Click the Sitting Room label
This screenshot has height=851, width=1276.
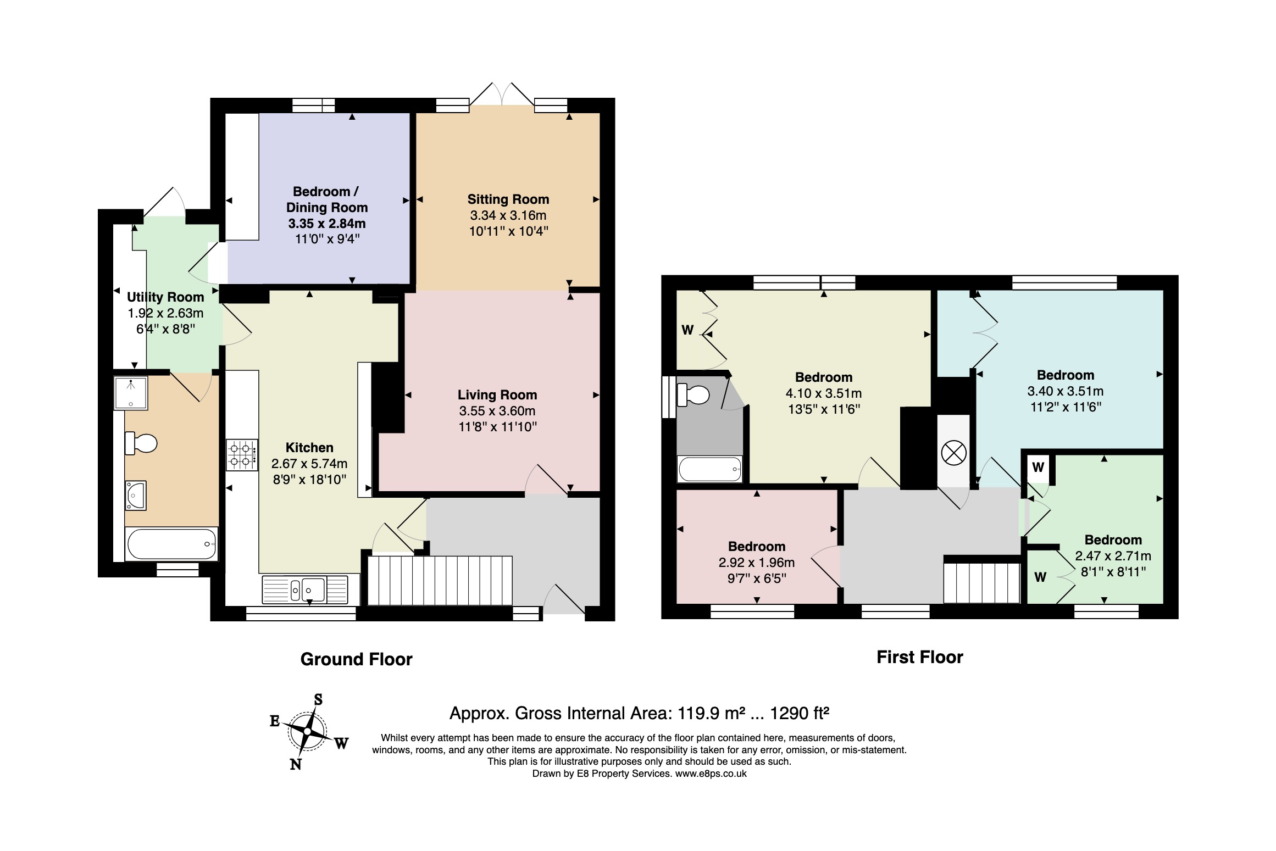508,199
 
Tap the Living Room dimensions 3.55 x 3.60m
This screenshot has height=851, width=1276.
497,411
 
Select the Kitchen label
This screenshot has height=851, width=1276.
309,448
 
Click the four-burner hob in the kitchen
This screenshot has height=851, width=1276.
242,455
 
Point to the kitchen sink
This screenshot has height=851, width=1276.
305,589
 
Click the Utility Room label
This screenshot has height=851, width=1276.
165,297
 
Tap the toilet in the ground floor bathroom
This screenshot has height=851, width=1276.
141,443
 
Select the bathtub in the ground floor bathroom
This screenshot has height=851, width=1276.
171,544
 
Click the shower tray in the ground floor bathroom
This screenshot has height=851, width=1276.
131,393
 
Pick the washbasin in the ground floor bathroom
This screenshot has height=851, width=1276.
136,495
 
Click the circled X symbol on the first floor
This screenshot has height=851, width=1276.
953,453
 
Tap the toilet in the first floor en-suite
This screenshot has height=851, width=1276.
694,395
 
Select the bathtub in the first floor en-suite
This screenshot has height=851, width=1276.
710,469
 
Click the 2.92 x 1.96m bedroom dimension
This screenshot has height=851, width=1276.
757,563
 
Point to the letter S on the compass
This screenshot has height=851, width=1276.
318,699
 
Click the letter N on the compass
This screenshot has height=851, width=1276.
296,764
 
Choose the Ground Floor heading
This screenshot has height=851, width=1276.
356,659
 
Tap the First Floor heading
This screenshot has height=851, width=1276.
920,657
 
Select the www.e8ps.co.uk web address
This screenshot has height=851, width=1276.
711,774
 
